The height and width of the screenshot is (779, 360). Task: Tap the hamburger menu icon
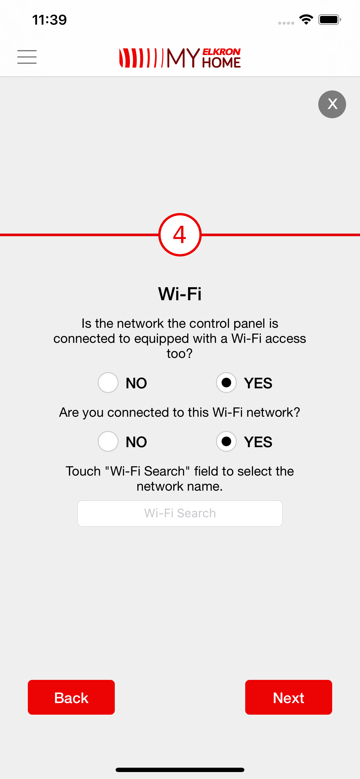tap(27, 57)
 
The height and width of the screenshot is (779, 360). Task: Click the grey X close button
tap(332, 104)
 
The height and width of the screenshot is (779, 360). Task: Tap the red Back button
tap(71, 697)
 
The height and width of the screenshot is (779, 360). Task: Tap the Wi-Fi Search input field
tap(180, 513)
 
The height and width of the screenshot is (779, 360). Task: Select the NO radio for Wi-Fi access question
tap(108, 383)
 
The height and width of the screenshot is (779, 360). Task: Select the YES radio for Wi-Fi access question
tap(226, 383)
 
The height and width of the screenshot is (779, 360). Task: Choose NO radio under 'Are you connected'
tap(108, 441)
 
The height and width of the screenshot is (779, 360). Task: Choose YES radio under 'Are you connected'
tap(226, 441)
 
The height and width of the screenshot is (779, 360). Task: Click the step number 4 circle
tap(180, 235)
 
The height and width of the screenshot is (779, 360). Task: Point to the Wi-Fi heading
tap(180, 293)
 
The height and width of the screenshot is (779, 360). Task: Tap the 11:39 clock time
tap(49, 20)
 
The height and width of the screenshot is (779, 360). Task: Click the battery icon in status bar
tap(330, 20)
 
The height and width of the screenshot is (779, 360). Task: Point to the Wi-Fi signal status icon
tap(306, 20)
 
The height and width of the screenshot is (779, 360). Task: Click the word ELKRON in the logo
tap(221, 52)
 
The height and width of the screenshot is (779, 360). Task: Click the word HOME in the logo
tap(221, 62)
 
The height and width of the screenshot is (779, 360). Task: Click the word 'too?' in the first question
tap(180, 353)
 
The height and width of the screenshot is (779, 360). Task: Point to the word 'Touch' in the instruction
tap(83, 471)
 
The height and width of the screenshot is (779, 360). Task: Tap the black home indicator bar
tap(180, 770)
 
